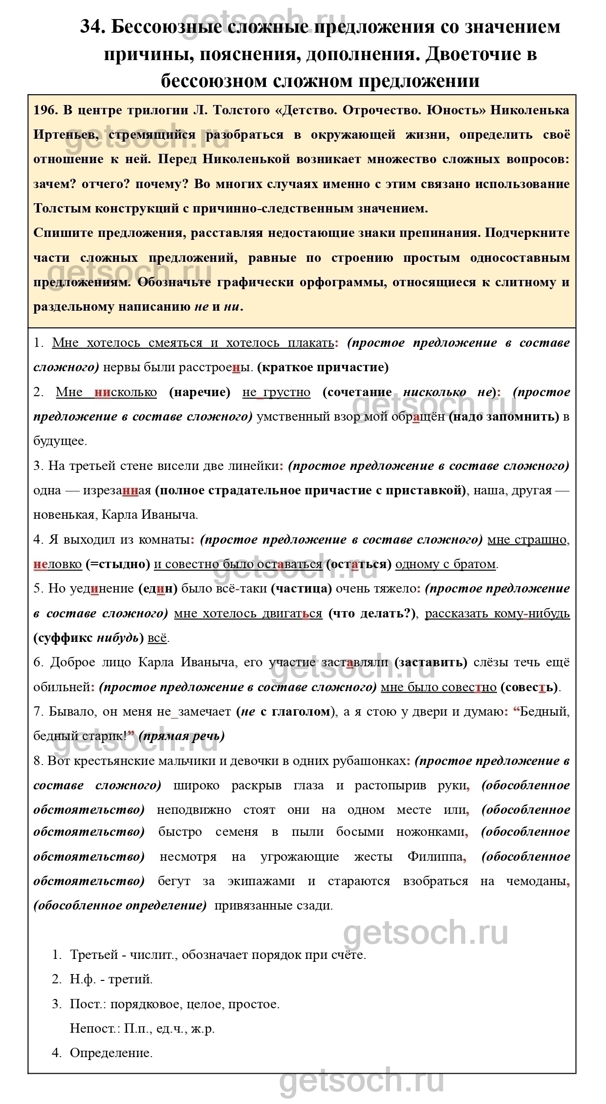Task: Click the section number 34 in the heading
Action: click(x=93, y=27)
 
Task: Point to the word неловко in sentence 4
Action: click(x=58, y=564)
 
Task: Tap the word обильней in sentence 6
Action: click(x=62, y=687)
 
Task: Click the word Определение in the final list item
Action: click(x=111, y=1053)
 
